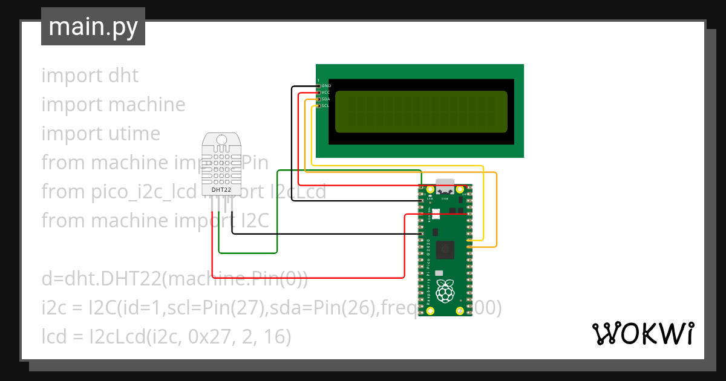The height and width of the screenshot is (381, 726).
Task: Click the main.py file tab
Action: click(x=93, y=27)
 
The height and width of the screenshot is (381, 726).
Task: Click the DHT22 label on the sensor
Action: click(x=221, y=190)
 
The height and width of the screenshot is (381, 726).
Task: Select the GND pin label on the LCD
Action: click(x=325, y=86)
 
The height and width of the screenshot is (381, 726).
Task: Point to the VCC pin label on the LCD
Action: click(x=325, y=93)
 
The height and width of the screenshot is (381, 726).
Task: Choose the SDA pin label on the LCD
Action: click(x=325, y=99)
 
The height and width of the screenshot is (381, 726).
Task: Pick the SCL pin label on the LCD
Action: click(x=325, y=106)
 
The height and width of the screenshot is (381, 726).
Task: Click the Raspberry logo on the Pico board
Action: click(x=446, y=291)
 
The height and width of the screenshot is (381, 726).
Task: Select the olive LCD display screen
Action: click(x=421, y=112)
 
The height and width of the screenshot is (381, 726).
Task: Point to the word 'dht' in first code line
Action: click(x=123, y=76)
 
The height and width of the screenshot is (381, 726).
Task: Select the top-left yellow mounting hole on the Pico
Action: click(x=431, y=191)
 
